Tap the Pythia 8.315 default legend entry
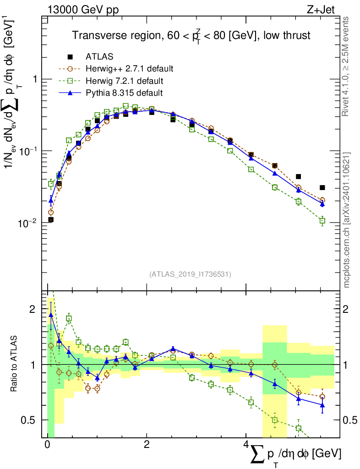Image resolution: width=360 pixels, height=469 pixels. point(124,93)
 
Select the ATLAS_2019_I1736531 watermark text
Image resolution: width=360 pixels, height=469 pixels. point(190,274)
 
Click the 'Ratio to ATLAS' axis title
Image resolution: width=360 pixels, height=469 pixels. point(15,364)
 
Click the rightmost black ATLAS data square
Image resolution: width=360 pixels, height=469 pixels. point(322,187)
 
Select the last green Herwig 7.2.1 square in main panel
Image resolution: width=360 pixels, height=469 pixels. point(322,221)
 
